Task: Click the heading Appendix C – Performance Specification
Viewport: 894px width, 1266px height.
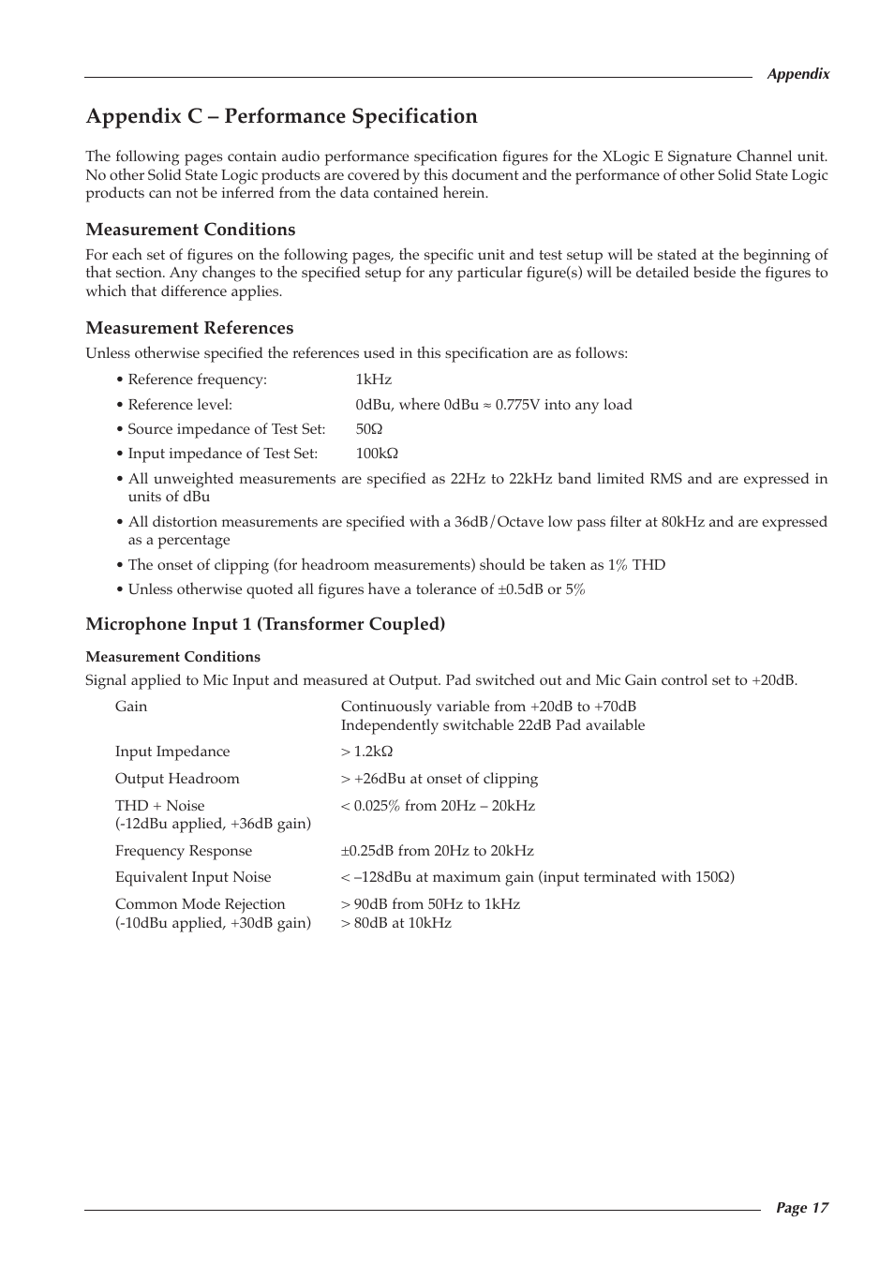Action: click(281, 116)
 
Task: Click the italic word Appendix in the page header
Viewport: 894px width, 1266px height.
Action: click(797, 74)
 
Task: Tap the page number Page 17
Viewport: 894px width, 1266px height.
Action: click(801, 1208)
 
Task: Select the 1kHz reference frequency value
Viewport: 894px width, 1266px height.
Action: click(373, 380)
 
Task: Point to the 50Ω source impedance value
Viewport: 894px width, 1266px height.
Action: click(368, 429)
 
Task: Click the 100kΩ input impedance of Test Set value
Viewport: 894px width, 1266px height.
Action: click(377, 454)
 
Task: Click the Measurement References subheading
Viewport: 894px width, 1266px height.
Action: click(189, 328)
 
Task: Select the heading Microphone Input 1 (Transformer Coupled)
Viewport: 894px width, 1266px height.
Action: click(265, 624)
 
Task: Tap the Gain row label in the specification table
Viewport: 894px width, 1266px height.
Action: click(131, 707)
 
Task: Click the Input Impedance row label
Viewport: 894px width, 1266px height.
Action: click(172, 752)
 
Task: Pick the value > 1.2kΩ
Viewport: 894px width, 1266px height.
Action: click(366, 752)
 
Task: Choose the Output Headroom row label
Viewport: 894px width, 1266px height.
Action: click(177, 779)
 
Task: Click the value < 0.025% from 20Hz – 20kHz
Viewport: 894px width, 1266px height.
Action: click(438, 806)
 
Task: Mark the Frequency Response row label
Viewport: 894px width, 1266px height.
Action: click(184, 851)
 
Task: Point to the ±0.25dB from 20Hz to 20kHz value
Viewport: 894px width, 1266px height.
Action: click(437, 851)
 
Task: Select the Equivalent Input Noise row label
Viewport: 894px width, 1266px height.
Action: click(193, 877)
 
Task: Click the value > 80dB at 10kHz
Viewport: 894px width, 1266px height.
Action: click(395, 923)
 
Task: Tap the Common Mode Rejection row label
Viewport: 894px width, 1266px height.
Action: click(200, 904)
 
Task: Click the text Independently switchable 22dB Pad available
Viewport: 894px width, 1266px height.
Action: click(493, 725)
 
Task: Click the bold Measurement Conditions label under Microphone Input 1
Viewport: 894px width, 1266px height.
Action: click(173, 657)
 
